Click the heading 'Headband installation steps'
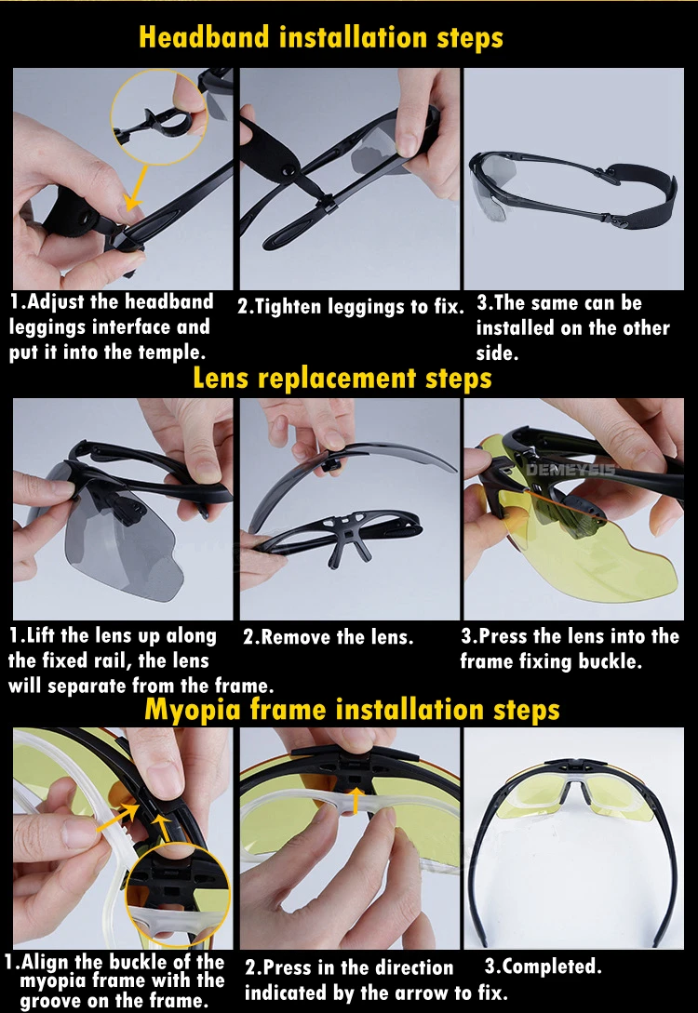point(320,37)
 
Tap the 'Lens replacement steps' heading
point(342,378)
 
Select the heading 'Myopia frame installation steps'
point(352,710)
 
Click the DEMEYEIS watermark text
point(570,469)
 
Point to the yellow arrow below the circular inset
point(138,187)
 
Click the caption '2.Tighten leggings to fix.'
point(350,306)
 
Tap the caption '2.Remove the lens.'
point(328,637)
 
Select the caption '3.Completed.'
point(543,966)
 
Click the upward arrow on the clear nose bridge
point(355,799)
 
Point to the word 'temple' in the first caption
point(167,353)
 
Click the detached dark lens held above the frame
point(353,472)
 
